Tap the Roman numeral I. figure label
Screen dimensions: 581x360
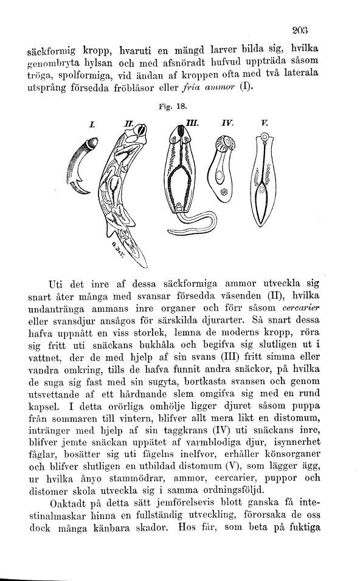click(92, 125)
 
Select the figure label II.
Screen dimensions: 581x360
click(129, 124)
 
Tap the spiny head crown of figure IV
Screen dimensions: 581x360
click(223, 144)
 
